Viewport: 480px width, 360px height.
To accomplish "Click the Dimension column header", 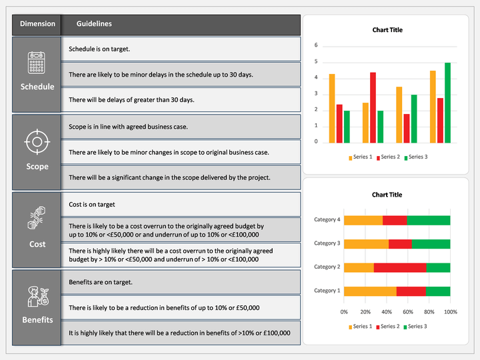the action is tap(37, 25).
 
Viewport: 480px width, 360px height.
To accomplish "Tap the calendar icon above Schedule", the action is tap(37, 63).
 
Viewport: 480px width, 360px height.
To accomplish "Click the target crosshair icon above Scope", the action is tap(37, 142).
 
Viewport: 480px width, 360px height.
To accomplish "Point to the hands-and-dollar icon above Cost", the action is tap(37, 217).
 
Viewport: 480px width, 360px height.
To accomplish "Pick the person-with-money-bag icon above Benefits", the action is tap(38, 296).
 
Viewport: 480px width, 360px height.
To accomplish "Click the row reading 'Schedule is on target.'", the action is tap(181, 49).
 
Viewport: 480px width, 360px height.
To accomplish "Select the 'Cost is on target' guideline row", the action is tap(181, 204).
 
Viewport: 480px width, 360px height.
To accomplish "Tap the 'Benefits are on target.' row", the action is tap(181, 282).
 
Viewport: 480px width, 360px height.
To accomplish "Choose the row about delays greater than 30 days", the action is tap(181, 100).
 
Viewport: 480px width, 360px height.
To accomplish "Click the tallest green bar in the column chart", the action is tap(447, 103).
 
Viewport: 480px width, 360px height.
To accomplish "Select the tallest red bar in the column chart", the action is tap(373, 108).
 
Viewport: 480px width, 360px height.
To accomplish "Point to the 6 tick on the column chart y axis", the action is tap(316, 45).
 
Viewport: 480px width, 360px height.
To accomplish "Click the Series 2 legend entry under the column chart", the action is tap(388, 157).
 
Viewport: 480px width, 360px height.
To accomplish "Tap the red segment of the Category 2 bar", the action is tap(400, 267).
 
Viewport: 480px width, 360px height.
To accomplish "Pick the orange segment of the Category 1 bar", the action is tap(370, 291).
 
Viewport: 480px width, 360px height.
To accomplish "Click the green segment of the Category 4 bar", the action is tap(429, 221).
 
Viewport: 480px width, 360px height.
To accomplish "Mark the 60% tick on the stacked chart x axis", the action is tap(408, 312).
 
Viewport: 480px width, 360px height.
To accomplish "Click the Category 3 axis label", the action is tap(327, 243).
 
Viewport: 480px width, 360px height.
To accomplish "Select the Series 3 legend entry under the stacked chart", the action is tap(415, 327).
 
